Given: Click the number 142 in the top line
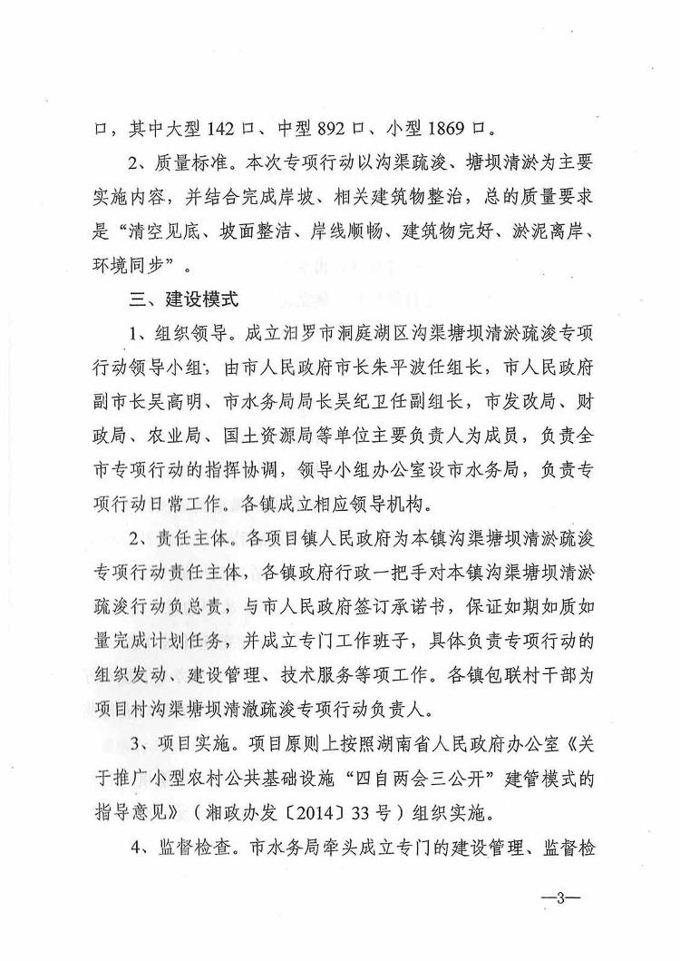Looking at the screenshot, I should click(224, 129).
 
